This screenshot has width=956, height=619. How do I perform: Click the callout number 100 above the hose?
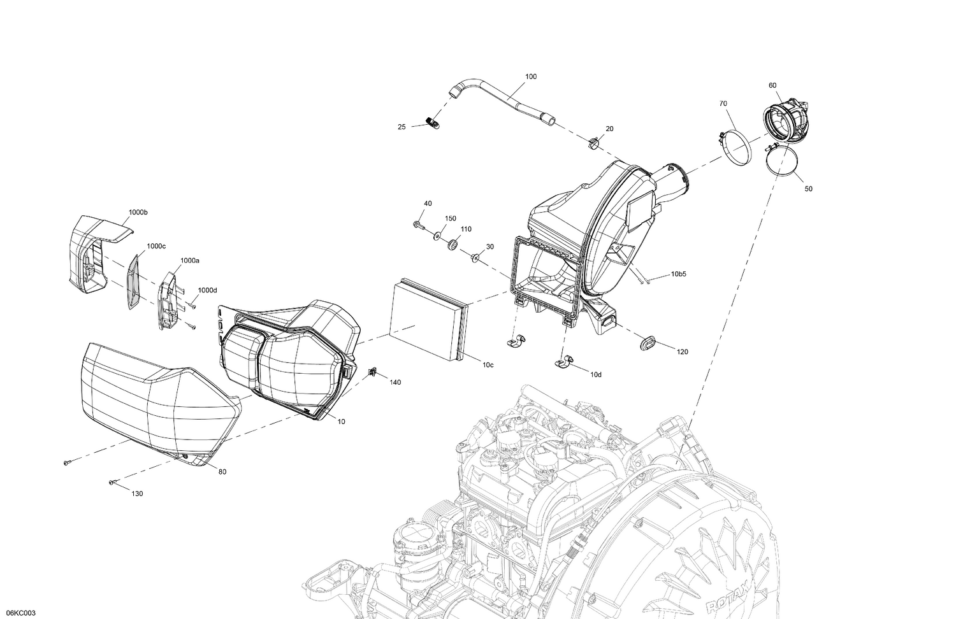tap(530, 76)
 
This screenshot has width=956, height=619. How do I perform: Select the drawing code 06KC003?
tap(18, 613)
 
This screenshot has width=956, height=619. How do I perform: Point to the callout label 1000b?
tap(138, 212)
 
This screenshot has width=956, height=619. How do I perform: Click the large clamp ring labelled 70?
tap(734, 146)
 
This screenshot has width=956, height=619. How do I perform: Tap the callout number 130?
tap(137, 494)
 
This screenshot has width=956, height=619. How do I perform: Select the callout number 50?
tap(808, 189)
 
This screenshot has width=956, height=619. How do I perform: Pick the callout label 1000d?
tap(207, 290)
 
